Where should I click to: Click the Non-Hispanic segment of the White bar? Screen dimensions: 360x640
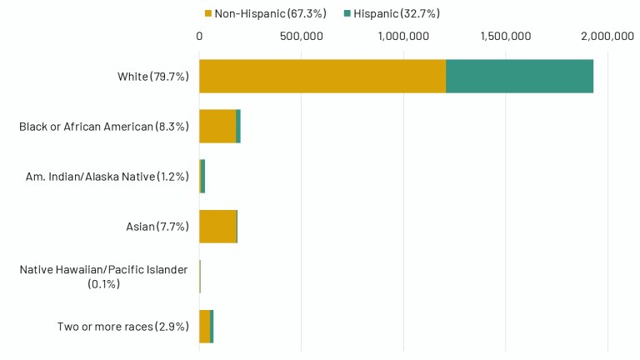pyautogui.click(x=322, y=76)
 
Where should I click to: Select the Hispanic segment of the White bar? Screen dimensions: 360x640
pyautogui.click(x=519, y=76)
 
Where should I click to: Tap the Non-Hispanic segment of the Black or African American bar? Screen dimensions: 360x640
pyautogui.click(x=217, y=126)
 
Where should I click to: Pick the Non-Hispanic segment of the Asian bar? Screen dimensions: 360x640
pyautogui.click(x=217, y=226)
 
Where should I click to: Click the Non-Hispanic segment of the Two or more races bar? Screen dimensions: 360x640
pyautogui.click(x=205, y=326)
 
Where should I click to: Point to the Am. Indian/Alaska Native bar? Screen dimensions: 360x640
pyautogui.click(x=202, y=176)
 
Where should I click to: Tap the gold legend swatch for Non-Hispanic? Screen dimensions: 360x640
pyautogui.click(x=208, y=13)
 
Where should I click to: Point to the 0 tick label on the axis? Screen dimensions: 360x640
pyautogui.click(x=199, y=36)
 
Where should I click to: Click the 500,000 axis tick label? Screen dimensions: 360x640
pyautogui.click(x=302, y=36)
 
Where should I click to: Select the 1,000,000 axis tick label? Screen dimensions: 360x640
pyautogui.click(x=403, y=36)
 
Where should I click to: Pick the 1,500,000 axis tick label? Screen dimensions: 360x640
pyautogui.click(x=506, y=36)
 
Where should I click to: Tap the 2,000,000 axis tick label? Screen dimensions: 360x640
pyautogui.click(x=607, y=36)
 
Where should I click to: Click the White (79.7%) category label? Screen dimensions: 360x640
pyautogui.click(x=153, y=77)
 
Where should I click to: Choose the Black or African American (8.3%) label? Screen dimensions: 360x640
pyautogui.click(x=104, y=127)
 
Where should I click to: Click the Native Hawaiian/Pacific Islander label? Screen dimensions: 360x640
pyautogui.click(x=104, y=276)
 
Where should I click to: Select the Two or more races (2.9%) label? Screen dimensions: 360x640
pyautogui.click(x=123, y=327)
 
